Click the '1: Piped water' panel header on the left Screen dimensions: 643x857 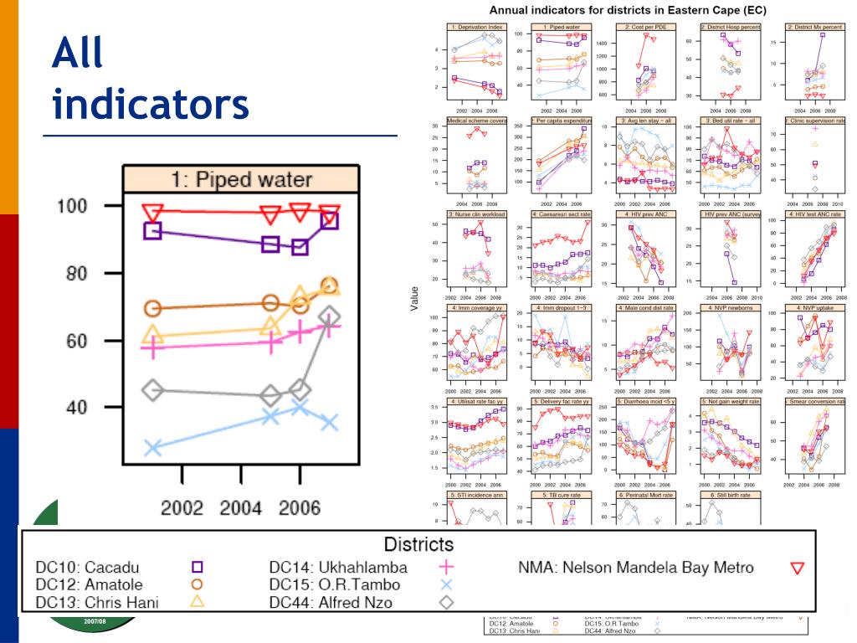[x=241, y=179]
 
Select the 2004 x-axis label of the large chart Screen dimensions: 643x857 [x=242, y=508]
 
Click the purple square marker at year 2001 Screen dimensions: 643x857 [x=152, y=230]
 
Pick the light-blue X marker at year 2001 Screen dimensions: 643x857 [x=152, y=448]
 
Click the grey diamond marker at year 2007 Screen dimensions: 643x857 [x=330, y=317]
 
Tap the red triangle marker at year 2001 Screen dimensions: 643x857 [x=152, y=212]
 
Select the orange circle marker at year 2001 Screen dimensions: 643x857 [x=152, y=308]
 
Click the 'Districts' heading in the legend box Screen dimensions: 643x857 [x=418, y=545]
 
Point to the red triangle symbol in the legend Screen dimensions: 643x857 [x=797, y=568]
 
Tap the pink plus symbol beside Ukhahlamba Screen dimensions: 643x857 [x=446, y=568]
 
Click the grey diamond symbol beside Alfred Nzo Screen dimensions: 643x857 [x=446, y=601]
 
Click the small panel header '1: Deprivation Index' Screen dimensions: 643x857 [x=474, y=27]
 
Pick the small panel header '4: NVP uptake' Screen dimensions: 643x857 [x=812, y=307]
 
